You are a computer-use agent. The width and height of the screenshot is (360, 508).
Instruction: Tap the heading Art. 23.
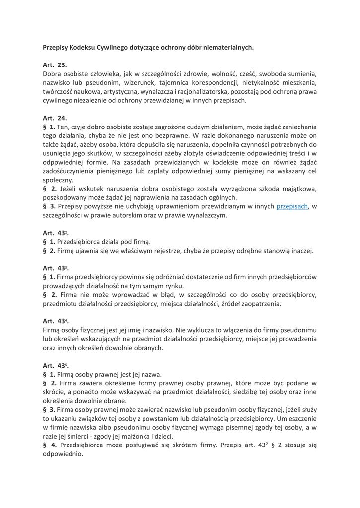(x=55, y=64)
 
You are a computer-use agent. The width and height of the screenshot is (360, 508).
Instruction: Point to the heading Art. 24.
(x=55, y=118)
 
